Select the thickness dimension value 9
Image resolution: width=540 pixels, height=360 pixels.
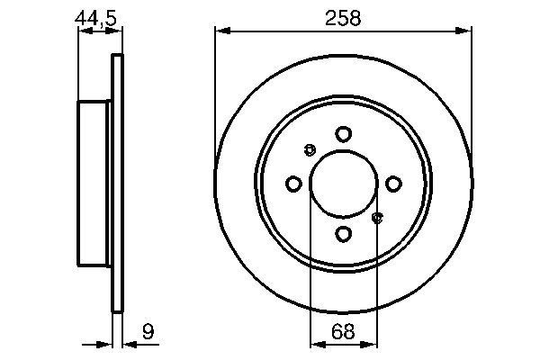tap(148, 333)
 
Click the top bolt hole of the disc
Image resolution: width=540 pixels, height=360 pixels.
tap(343, 134)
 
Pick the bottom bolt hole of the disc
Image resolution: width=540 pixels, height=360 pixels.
tap(343, 234)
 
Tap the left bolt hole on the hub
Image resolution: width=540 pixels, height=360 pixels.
tap(292, 184)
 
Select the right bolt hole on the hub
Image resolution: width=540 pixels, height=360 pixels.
tap(393, 184)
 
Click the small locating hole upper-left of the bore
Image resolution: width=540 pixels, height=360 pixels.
tap(310, 149)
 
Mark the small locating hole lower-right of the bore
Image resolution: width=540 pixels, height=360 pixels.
tap(377, 217)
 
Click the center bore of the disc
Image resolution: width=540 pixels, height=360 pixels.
tap(343, 184)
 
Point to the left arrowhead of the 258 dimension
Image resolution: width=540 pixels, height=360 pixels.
tap(220, 31)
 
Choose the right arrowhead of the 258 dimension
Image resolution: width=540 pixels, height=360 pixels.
tap(466, 31)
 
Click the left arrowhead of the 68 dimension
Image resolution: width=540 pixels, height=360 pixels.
tap(315, 343)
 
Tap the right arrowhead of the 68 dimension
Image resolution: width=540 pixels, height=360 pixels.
tap(372, 343)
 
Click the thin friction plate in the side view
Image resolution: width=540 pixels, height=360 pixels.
tap(116, 184)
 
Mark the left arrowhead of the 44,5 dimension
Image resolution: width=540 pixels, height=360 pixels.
tap(84, 31)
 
